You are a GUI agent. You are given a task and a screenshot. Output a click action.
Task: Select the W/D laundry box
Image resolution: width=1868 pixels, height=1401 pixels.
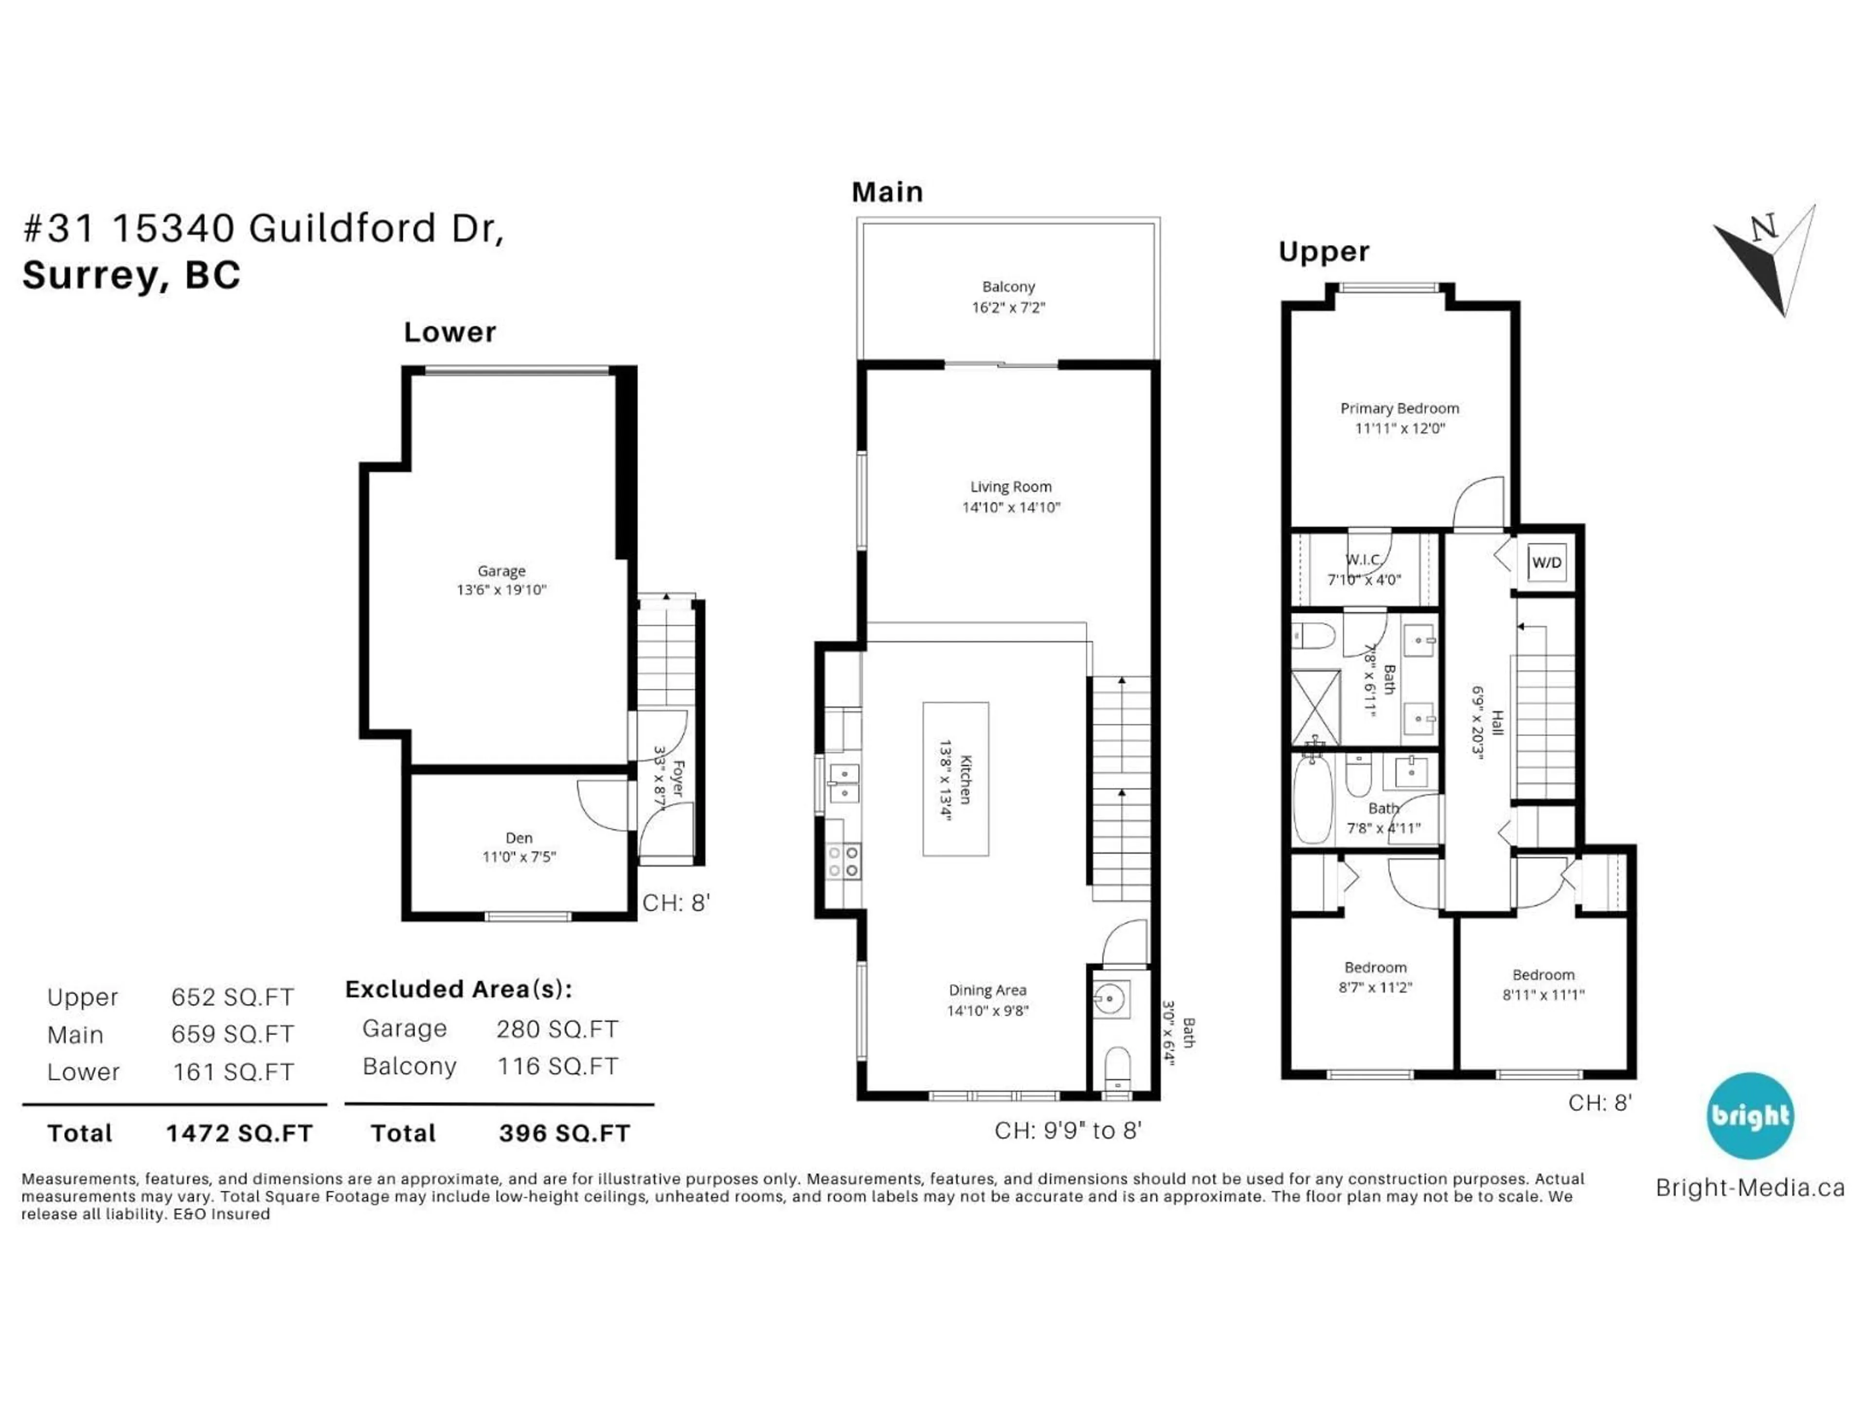[1546, 562]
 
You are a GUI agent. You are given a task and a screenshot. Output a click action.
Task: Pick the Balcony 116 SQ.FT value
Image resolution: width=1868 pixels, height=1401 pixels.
[557, 1067]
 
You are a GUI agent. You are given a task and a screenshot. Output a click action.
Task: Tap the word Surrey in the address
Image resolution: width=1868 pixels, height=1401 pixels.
[90, 275]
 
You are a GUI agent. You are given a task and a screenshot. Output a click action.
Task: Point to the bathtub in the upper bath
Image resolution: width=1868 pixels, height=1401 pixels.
[1312, 799]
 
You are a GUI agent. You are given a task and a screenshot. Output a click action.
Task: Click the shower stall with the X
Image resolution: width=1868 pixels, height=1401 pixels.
[1316, 705]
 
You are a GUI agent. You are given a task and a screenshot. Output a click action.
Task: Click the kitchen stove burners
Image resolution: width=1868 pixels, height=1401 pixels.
[843, 862]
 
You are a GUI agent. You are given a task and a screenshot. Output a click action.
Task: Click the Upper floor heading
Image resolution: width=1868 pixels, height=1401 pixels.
[1323, 251]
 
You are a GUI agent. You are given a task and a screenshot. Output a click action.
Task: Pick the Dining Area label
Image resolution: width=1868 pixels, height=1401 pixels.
[987, 990]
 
